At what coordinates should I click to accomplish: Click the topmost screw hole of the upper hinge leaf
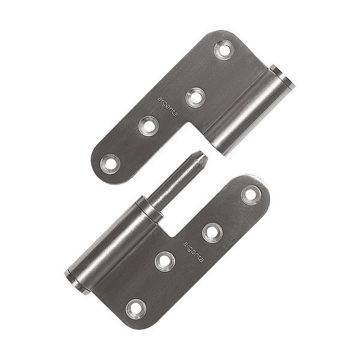tap(224, 50)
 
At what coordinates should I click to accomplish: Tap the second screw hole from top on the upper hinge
tap(196, 97)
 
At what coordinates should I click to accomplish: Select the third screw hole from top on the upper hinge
tap(149, 126)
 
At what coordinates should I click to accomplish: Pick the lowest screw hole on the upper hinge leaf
tap(110, 164)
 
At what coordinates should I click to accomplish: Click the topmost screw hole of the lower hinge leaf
tap(251, 194)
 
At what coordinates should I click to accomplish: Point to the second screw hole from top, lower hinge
tap(212, 232)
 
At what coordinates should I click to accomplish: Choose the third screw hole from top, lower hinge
tap(165, 261)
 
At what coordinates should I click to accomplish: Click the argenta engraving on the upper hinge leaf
tap(167, 107)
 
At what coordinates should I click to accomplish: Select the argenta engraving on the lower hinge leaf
tap(193, 251)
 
